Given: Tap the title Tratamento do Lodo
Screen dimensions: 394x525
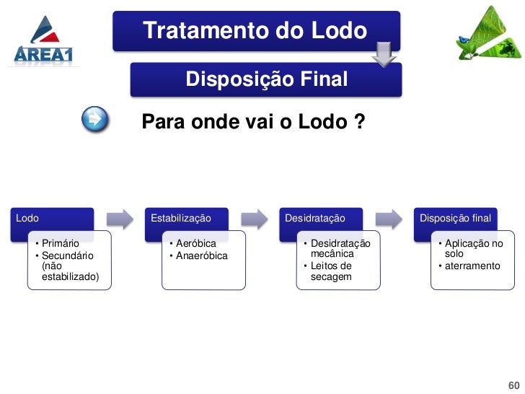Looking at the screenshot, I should click(x=255, y=31).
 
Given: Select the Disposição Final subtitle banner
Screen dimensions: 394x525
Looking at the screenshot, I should click(x=266, y=79).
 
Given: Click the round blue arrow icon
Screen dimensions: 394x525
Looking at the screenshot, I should click(x=95, y=119).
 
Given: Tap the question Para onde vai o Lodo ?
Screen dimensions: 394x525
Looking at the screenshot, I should click(x=252, y=123).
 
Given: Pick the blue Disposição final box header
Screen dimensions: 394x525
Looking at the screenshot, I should click(x=455, y=218).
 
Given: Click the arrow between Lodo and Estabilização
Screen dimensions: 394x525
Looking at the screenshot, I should click(x=120, y=219).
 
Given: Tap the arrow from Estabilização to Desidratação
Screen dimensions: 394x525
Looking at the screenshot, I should click(x=255, y=219).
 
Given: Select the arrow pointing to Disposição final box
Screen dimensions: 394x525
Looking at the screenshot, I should click(x=389, y=219).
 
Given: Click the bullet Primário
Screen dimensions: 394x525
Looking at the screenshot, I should click(x=61, y=244).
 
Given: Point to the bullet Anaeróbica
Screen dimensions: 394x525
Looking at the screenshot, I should click(x=201, y=256).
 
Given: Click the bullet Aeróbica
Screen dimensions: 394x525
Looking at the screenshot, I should click(x=195, y=244).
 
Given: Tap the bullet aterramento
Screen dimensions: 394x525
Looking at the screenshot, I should click(x=472, y=266).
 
